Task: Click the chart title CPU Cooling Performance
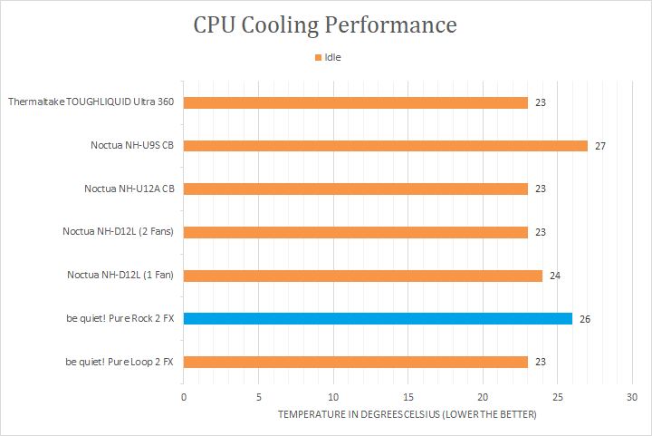coord(325,24)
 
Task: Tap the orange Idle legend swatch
coord(318,57)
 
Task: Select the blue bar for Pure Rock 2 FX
coord(378,319)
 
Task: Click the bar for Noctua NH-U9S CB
coord(385,146)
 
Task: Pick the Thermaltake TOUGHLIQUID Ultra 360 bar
coord(355,102)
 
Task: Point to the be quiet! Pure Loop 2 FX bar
coord(355,363)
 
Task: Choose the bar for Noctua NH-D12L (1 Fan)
coord(362,276)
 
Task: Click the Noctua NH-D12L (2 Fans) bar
coord(355,232)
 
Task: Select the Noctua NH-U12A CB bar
coord(355,189)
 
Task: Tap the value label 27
coord(600,146)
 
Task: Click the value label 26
coord(585,319)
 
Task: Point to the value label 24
coord(555,276)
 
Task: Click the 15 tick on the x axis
coord(407,397)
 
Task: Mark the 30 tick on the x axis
coord(632,397)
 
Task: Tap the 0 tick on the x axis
coord(184,397)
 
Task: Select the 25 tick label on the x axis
coord(557,397)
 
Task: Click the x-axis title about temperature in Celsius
coord(407,414)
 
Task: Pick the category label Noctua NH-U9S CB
coord(131,146)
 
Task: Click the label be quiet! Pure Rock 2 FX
coord(120,319)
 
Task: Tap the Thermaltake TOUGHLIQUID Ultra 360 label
coord(91,102)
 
